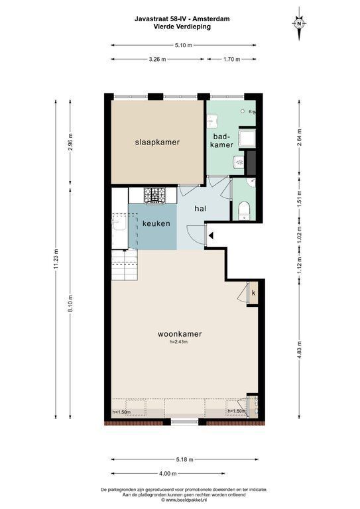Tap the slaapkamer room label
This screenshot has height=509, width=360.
(x=157, y=142)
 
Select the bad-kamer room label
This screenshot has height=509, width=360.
(x=222, y=141)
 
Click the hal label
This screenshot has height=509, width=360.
(x=200, y=209)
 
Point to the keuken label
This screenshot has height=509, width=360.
(x=156, y=223)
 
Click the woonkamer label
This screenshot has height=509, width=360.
(x=180, y=334)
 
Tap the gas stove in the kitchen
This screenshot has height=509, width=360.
(x=155, y=196)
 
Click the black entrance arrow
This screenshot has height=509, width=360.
(x=211, y=235)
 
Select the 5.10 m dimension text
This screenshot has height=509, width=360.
(x=184, y=45)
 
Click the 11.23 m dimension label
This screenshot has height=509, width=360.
(x=56, y=258)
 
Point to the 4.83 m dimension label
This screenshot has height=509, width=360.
(x=299, y=349)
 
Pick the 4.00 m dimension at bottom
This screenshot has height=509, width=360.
(x=168, y=474)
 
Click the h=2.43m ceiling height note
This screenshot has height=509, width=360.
(x=179, y=341)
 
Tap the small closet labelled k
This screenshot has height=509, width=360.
(x=253, y=293)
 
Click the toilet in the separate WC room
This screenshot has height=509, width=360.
(x=244, y=211)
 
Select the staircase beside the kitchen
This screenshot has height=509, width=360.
(x=125, y=264)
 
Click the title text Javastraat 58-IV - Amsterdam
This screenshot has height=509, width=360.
(x=182, y=19)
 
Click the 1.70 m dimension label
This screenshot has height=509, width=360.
(x=232, y=59)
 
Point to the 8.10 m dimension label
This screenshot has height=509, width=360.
(x=70, y=303)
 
